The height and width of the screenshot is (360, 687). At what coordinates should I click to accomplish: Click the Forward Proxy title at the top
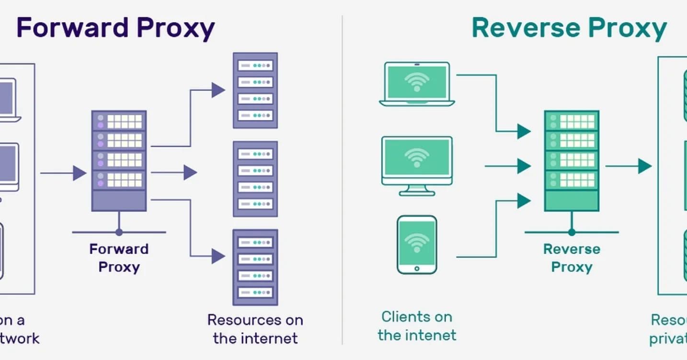click(115, 28)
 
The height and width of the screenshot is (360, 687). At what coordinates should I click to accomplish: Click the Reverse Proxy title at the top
click(569, 28)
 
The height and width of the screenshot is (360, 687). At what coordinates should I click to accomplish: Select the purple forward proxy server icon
click(119, 161)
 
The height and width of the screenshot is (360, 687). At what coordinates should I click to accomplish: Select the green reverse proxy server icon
click(571, 161)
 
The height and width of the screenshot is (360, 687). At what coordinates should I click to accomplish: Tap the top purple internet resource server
click(255, 90)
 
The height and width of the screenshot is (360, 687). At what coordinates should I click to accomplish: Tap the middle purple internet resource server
click(255, 178)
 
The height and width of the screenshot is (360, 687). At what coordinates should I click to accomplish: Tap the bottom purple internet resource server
click(255, 267)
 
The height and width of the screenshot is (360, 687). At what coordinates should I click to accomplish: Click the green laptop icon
click(417, 84)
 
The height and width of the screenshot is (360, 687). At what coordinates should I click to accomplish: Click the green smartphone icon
click(417, 244)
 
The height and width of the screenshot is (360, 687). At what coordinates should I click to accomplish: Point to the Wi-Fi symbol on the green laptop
click(417, 81)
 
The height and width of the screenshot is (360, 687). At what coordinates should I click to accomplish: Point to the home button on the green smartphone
click(417, 268)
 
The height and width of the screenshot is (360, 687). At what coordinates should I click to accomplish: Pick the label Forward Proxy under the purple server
click(119, 258)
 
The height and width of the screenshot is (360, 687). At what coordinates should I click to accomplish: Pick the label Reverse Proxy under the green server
click(572, 258)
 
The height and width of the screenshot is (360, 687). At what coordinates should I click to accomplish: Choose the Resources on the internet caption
click(255, 329)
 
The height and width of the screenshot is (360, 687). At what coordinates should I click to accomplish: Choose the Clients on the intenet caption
click(417, 325)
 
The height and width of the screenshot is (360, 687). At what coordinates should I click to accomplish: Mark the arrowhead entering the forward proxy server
click(80, 173)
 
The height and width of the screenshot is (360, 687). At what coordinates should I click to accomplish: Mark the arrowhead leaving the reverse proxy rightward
click(645, 166)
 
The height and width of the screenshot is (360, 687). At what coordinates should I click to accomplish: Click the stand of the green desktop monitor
click(417, 190)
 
